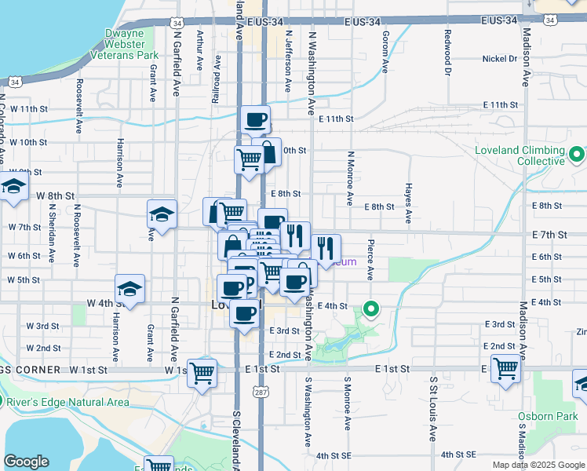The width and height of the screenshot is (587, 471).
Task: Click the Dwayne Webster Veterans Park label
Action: (x=132, y=44)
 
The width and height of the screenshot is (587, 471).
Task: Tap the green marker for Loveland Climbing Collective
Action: (x=577, y=153)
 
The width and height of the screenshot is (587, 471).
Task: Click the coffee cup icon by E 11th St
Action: (x=256, y=119)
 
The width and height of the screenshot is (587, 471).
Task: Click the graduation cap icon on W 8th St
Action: (x=13, y=186)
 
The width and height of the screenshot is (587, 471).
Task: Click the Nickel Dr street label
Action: (x=500, y=58)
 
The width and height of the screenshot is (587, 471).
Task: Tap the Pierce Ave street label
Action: (x=370, y=257)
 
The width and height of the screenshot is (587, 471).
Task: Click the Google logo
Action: (x=27, y=462)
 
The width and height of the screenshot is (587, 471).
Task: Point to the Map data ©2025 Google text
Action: (x=538, y=465)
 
